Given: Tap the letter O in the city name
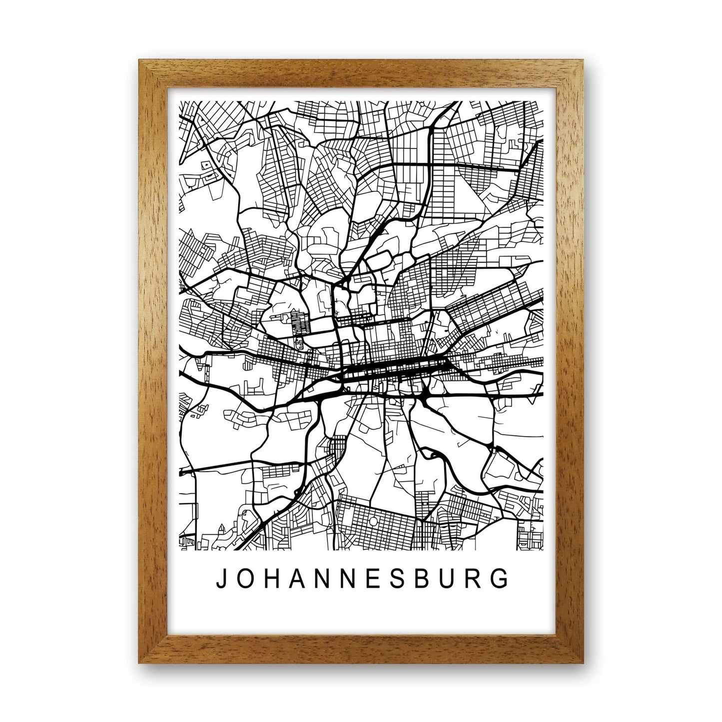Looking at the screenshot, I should pos(245,578).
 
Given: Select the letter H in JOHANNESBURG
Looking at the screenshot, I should pos(271,578).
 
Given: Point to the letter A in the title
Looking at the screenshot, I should pos(297,578).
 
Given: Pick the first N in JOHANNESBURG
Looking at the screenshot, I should pos(322,578).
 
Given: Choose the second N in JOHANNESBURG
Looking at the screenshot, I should pos(348,578).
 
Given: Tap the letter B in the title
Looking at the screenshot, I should pos(422,578).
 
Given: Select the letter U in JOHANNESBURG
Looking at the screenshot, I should pos(448,578).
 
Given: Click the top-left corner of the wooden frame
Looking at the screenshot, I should pos(139,60).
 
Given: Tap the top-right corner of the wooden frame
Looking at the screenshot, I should pos(583,60).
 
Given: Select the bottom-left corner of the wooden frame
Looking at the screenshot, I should pos(139,663).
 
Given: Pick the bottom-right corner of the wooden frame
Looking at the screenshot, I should pos(583,663).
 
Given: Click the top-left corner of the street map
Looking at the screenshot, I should pos(179,101).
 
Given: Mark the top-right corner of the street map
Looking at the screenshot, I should pos(543,101).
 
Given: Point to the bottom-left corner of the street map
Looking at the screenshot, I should pos(179,551).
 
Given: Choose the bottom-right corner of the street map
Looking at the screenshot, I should pos(543,551).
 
